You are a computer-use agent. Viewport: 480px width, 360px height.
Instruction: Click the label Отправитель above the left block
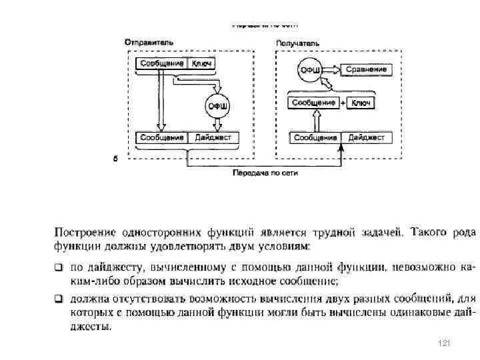[x=149, y=42]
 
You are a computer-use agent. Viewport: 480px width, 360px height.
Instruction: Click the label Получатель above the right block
[x=298, y=43]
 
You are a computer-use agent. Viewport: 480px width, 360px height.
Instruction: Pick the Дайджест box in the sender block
[x=213, y=137]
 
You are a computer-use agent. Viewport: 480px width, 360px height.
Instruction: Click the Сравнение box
[x=365, y=69]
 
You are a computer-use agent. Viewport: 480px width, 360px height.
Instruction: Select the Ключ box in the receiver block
[x=361, y=103]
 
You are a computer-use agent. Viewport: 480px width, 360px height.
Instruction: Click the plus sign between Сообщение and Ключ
[x=343, y=103]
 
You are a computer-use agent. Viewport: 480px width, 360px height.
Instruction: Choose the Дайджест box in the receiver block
[x=367, y=137]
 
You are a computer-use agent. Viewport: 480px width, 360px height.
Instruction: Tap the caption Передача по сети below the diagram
[x=265, y=173]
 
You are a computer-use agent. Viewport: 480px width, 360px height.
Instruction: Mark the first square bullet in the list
[x=59, y=267]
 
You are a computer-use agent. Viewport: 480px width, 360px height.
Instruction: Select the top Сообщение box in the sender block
[x=161, y=63]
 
